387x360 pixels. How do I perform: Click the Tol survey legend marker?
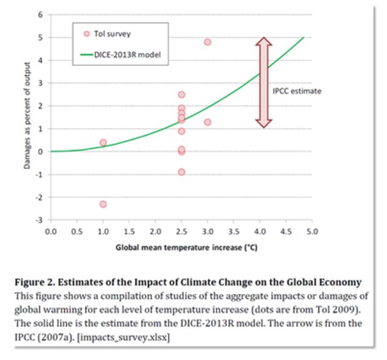pos(87,34)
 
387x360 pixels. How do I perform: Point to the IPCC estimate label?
pos(296,91)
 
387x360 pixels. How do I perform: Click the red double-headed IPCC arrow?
pos(263,81)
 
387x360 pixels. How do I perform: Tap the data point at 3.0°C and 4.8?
pos(207,42)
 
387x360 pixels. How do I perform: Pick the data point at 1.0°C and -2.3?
pos(103,204)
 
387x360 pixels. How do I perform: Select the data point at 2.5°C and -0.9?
pos(182,172)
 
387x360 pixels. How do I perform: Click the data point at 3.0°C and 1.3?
pos(207,122)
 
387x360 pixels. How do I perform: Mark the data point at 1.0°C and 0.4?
pos(103,142)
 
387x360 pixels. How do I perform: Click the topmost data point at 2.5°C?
pos(182,94)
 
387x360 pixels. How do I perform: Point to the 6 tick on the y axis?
pos(41,14)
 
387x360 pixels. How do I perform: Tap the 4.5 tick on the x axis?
pos(286,231)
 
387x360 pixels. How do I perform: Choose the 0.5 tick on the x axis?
pos(77,231)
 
